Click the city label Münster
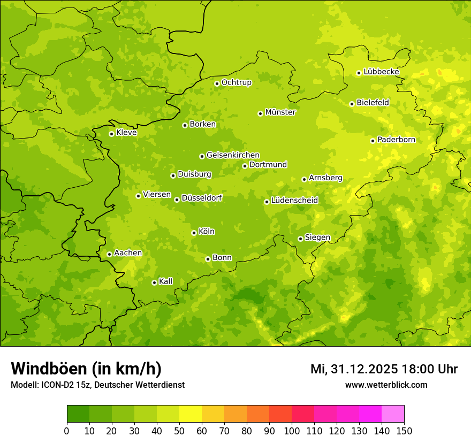click(280, 112)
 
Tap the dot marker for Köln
click(194, 233)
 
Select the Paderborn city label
click(396, 140)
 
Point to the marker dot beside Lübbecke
click(359, 73)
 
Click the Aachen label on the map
click(128, 253)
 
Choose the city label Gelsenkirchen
click(233, 155)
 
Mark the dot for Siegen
click(300, 239)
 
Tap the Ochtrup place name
click(236, 82)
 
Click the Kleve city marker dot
click(111, 134)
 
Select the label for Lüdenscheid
click(294, 201)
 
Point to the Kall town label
click(165, 281)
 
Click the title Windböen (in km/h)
click(86, 369)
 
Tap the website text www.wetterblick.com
click(386, 385)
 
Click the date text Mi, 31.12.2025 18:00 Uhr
click(384, 369)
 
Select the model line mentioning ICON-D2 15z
click(97, 385)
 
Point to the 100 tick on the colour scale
click(292, 431)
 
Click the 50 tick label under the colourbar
click(179, 431)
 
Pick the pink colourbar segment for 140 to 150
click(393, 414)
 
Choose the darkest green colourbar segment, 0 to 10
click(78, 414)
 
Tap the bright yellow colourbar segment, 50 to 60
click(191, 414)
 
